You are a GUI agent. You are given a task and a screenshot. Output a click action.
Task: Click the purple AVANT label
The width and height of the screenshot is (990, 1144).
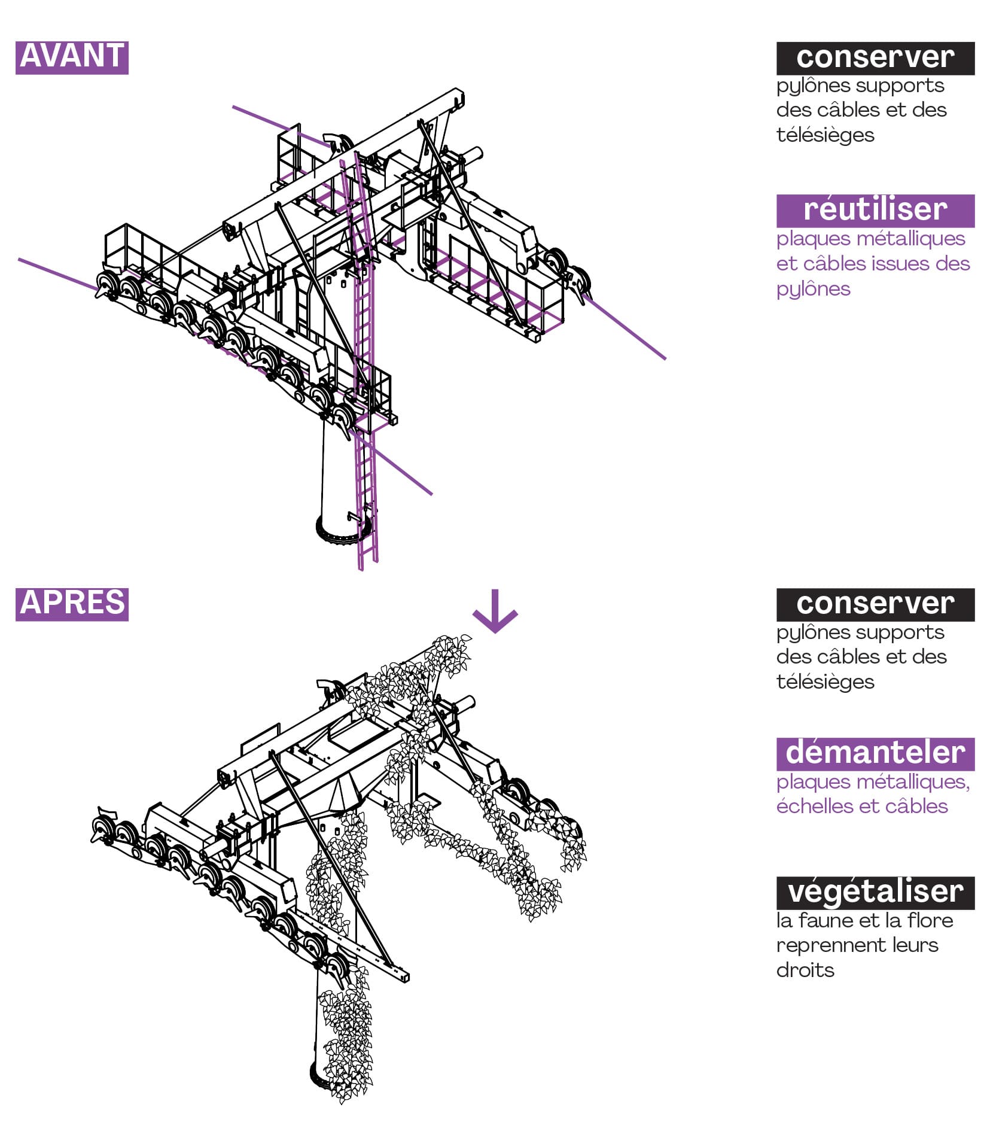tap(72, 57)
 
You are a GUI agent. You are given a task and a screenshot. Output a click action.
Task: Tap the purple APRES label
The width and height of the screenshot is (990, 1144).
tap(72, 604)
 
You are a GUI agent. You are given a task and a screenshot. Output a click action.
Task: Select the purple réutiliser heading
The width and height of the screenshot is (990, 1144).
tap(875, 211)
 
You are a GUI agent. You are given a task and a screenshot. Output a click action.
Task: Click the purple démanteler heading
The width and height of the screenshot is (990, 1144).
tap(875, 753)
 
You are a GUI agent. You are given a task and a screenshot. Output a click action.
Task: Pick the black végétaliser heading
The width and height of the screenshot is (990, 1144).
tap(875, 893)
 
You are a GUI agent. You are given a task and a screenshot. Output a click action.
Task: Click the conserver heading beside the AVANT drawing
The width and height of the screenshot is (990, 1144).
tap(875, 58)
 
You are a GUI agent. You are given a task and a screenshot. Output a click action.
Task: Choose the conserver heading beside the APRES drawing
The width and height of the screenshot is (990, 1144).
tap(875, 604)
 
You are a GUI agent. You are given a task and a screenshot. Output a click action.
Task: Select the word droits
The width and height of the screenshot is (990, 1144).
tap(805, 970)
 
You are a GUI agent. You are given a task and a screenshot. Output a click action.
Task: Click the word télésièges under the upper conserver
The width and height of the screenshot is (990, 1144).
tap(825, 135)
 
